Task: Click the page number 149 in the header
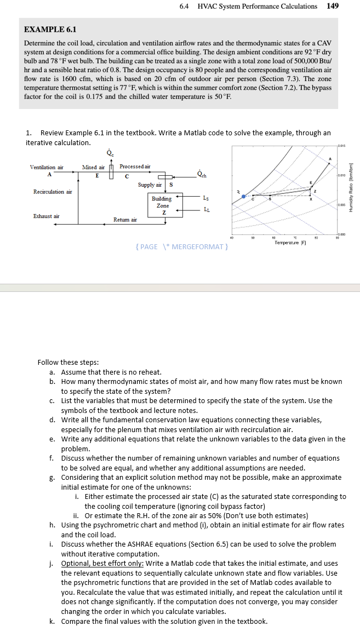[x=332, y=6]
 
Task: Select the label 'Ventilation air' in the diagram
[x=47, y=167]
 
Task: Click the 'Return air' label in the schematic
[x=125, y=219]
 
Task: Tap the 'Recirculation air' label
[x=53, y=192]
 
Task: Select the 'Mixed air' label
[x=94, y=167]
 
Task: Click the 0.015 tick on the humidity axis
[x=342, y=146]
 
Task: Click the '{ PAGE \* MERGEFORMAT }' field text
[x=181, y=246]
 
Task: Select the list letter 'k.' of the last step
[x=52, y=621]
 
